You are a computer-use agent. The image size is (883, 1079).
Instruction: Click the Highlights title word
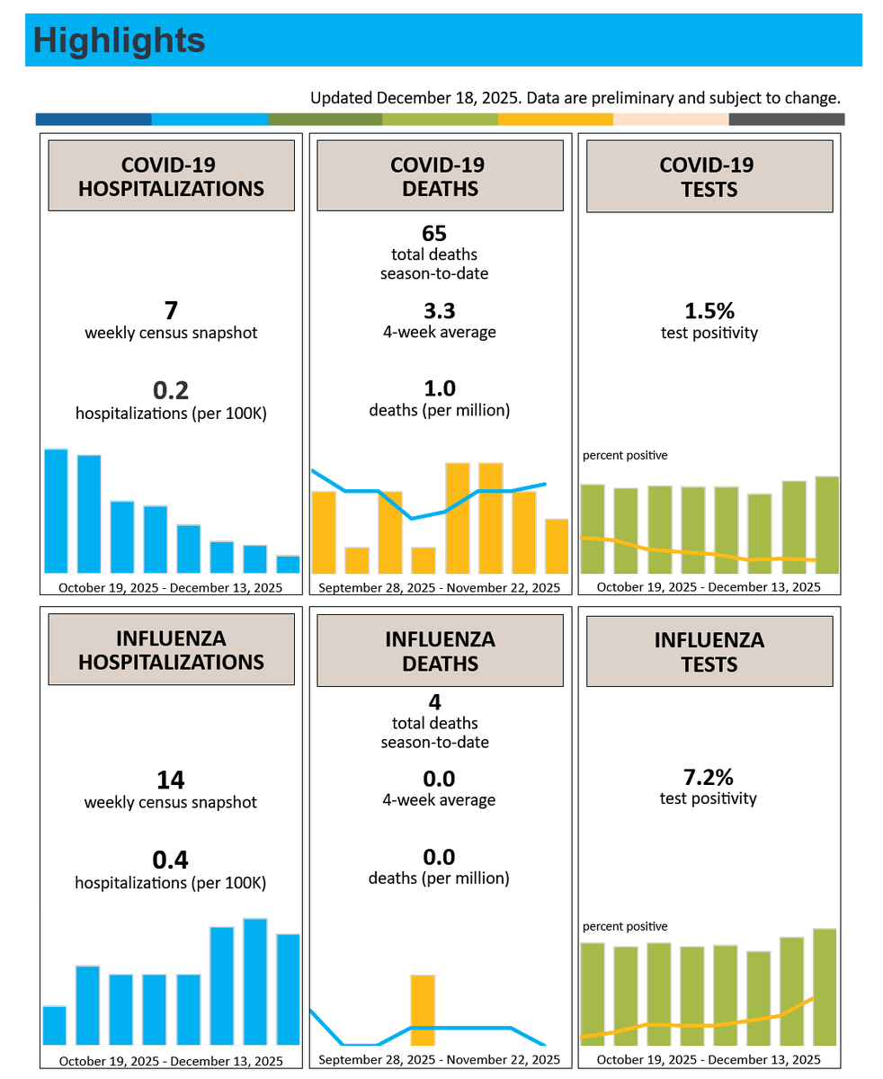point(119,40)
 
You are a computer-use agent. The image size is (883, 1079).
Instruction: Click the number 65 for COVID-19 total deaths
point(433,233)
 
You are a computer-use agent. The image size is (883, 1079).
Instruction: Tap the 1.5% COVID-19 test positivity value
point(709,310)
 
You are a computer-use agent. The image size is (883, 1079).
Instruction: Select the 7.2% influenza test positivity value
point(708,777)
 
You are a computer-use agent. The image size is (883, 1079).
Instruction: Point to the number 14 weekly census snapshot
point(170,780)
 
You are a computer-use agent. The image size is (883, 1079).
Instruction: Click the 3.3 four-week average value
point(439,310)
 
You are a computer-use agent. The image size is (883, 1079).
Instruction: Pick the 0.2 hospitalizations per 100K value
point(171,390)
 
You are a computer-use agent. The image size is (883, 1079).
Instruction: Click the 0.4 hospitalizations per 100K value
point(170,860)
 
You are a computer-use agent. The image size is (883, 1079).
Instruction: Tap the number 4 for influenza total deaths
point(434,702)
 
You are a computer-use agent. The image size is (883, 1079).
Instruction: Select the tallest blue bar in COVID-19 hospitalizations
point(56,511)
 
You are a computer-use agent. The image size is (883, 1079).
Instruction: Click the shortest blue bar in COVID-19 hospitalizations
point(288,564)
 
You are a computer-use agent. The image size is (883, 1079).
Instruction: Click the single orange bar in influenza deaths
point(423,1010)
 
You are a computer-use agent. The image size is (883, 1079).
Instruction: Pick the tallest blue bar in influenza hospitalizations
point(254,981)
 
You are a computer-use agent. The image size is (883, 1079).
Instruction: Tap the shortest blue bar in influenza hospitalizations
point(54,1025)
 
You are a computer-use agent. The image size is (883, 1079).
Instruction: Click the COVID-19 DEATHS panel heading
point(440,176)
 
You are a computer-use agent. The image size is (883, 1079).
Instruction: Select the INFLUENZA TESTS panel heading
point(709,652)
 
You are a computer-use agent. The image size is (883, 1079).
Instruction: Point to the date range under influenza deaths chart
point(439,1059)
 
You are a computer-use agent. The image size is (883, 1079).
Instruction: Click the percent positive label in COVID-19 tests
point(625,455)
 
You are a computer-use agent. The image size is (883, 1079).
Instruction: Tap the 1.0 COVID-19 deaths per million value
point(440,388)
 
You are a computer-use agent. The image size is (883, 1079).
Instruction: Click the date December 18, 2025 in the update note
point(449,98)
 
